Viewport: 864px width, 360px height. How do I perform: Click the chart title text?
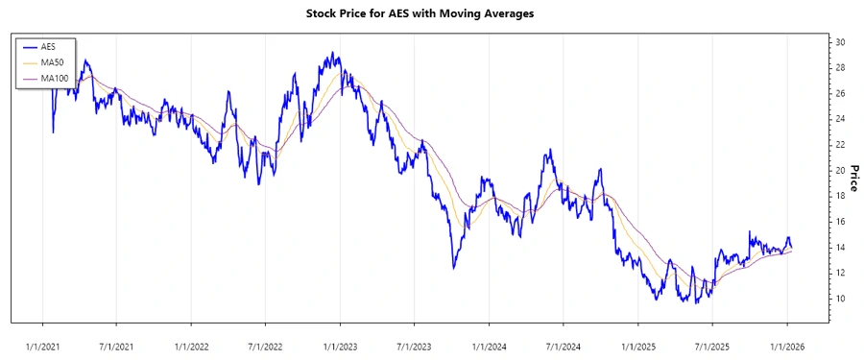coord(431,13)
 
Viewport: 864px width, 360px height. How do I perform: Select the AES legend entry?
coord(48,46)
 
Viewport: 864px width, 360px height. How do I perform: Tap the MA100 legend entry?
coord(54,77)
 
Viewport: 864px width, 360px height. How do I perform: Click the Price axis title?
coord(852,177)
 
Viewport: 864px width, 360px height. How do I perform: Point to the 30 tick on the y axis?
coord(839,42)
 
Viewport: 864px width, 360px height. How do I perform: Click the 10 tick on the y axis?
coord(839,299)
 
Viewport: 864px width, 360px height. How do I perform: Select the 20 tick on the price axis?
coord(839,170)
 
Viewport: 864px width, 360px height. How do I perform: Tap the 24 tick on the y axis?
coord(839,119)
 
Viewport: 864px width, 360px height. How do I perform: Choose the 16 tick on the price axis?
coord(839,222)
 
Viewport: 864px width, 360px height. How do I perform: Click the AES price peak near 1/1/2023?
coord(332,54)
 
